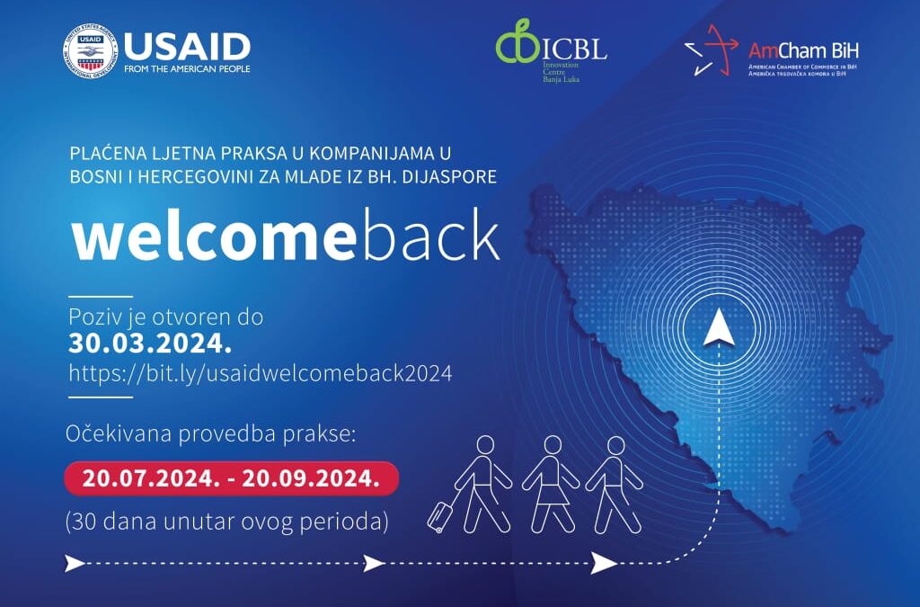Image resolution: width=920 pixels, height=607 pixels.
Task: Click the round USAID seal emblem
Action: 91,51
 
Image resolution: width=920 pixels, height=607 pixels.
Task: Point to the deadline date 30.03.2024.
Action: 150,344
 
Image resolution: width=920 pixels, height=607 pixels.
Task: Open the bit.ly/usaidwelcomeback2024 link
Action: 261,373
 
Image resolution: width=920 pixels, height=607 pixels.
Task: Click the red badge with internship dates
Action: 231,478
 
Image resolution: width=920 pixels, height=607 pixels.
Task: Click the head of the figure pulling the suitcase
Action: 486,445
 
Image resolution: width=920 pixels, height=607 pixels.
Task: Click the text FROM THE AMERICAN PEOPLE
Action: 187,68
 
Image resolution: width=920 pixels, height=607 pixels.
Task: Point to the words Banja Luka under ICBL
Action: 561,78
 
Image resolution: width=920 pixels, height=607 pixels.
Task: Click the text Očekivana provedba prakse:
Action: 210,433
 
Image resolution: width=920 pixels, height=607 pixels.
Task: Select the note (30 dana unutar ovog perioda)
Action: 227,522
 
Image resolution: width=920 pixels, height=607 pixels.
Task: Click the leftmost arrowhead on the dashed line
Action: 75,564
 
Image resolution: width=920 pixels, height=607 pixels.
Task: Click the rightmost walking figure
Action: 615,485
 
